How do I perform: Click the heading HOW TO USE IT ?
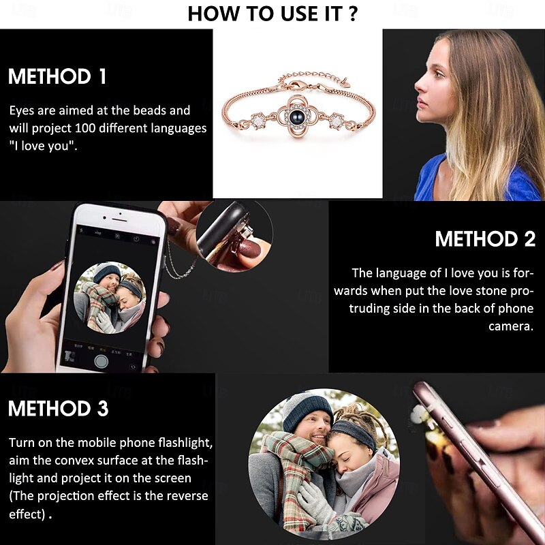272,13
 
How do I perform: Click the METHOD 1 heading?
57,76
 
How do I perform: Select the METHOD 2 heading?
485,239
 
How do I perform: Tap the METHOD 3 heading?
58,409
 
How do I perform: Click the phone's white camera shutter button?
101,361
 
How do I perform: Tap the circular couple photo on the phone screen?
109,298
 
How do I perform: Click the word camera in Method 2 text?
511,326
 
